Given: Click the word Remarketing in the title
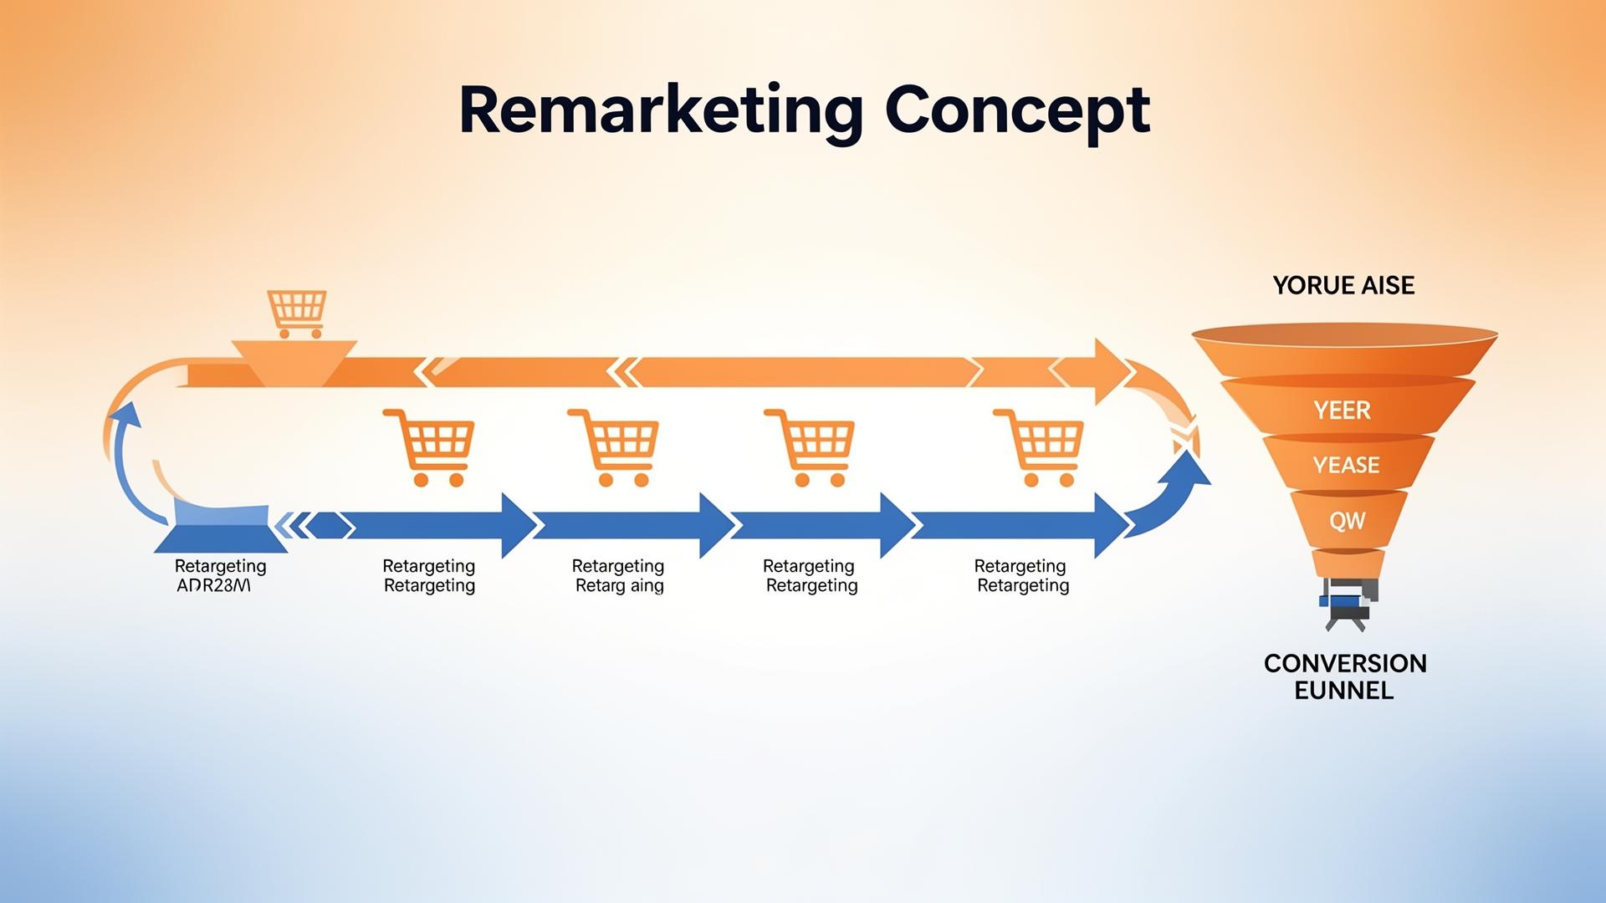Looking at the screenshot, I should [x=661, y=111].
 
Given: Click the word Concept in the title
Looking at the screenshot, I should [x=1017, y=111].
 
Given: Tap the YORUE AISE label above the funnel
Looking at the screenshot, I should [x=1343, y=285].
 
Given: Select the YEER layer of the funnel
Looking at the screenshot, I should [x=1343, y=411].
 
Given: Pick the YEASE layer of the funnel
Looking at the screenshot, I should [x=1346, y=465].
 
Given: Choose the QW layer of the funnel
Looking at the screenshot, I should [x=1347, y=521].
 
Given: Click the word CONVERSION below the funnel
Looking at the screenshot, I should [x=1345, y=663].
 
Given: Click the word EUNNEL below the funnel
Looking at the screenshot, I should [x=1343, y=691].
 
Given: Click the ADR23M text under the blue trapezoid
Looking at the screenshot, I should [x=213, y=585].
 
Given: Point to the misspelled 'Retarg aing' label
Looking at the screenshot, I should [x=619, y=585].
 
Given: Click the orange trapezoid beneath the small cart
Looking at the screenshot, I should [x=294, y=360].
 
